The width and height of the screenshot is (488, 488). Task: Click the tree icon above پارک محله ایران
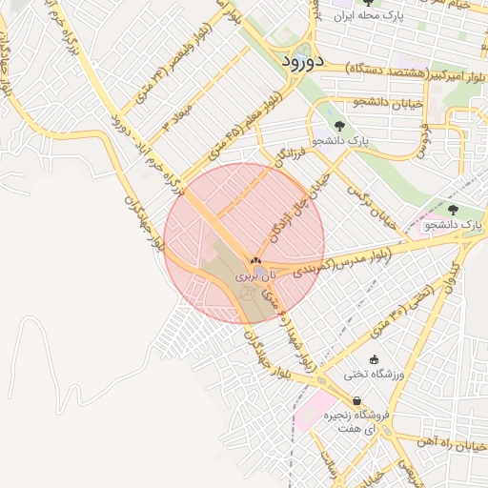click(x=368, y=3)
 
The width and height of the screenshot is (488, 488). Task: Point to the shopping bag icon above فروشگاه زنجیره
click(x=356, y=401)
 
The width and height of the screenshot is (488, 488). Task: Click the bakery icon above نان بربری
click(x=254, y=259)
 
